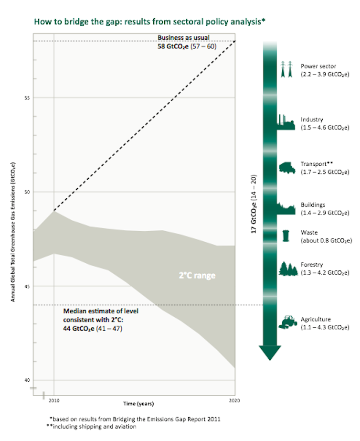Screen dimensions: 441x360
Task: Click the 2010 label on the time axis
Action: click(53, 399)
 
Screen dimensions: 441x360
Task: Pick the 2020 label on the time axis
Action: click(234, 399)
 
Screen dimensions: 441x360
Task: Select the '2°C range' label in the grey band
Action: click(198, 276)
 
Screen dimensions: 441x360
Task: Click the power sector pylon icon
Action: click(286, 70)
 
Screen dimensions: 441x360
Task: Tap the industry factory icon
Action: click(286, 122)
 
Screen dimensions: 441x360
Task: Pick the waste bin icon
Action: click(286, 236)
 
